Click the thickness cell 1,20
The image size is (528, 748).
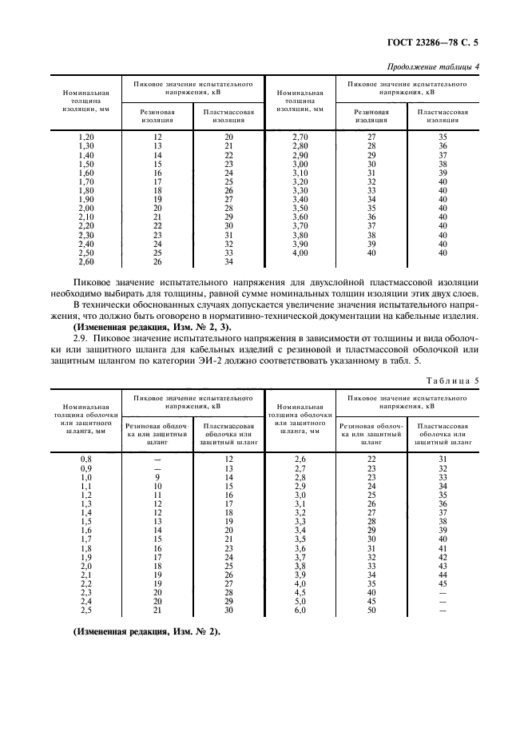point(85,137)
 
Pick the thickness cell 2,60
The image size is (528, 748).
point(85,261)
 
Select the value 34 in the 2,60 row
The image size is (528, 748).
point(228,261)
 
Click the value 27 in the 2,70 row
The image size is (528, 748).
point(371,137)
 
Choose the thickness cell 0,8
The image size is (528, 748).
point(85,460)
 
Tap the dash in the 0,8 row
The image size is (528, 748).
point(157,460)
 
